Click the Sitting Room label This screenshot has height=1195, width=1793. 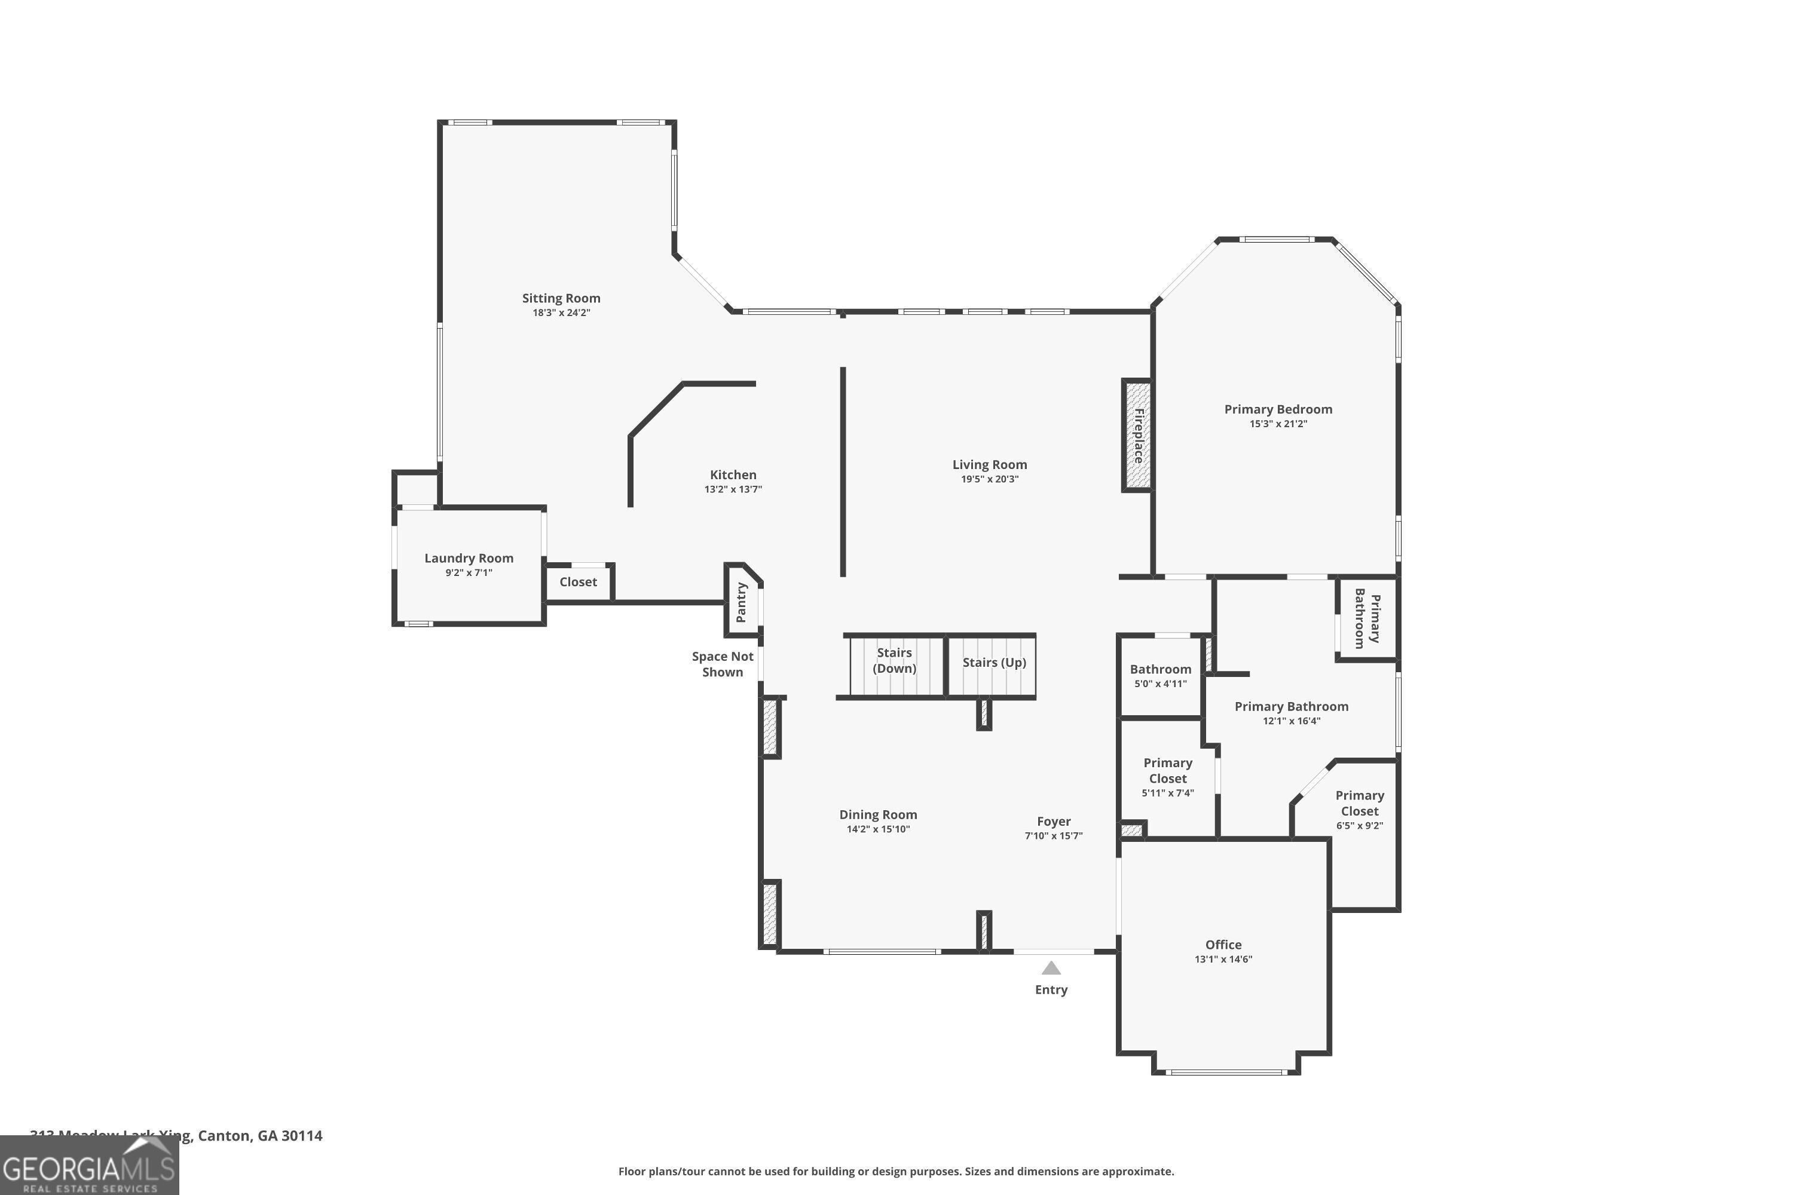(x=561, y=298)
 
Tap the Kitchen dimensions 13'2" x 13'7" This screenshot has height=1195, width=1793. (x=733, y=489)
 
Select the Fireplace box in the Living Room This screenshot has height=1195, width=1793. (x=1137, y=435)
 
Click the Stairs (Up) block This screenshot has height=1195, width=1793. (x=993, y=663)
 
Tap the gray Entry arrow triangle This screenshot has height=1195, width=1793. (x=1051, y=969)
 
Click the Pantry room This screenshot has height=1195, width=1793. (x=741, y=602)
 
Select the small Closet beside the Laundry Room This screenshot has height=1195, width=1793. (x=578, y=582)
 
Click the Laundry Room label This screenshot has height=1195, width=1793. (x=468, y=559)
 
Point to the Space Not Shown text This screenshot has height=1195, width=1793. (x=722, y=664)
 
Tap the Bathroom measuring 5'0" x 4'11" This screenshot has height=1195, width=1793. (x=1159, y=676)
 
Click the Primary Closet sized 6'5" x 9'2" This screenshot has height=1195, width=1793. (x=1359, y=810)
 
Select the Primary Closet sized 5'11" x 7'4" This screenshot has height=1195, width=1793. (x=1167, y=777)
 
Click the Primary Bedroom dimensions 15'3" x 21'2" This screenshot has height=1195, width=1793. (x=1278, y=424)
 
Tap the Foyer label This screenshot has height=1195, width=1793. (x=1054, y=822)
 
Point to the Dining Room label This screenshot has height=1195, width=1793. (x=877, y=815)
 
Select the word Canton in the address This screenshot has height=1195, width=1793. (x=224, y=1136)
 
